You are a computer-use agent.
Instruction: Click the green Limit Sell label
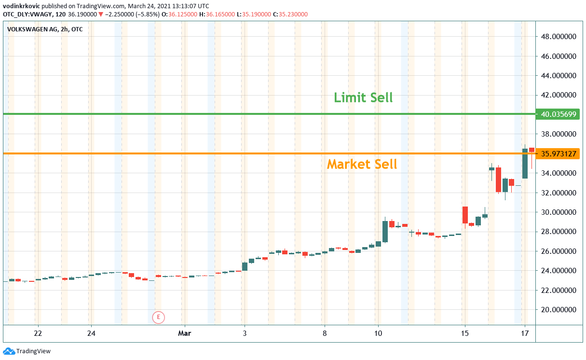(363, 98)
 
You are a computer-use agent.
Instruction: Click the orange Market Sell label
(362, 164)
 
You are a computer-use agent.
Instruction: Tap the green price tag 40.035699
(559, 114)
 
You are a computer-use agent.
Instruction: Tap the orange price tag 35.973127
(559, 154)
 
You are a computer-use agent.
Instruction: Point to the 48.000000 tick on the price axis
(559, 37)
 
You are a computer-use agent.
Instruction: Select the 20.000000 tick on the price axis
(559, 310)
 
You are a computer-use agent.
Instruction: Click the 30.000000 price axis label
(559, 212)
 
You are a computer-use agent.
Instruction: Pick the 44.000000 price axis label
(559, 76)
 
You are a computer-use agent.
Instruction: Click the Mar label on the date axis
(184, 333)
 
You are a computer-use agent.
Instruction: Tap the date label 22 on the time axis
(38, 333)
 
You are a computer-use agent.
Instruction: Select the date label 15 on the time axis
(464, 333)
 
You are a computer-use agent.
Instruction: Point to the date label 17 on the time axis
(525, 333)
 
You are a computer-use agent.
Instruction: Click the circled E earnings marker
(158, 317)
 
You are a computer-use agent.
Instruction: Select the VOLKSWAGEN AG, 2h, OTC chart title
(45, 29)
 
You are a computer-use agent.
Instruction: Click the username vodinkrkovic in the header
(22, 6)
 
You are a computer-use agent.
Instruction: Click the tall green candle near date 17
(525, 163)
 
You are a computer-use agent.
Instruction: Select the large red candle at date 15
(465, 215)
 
